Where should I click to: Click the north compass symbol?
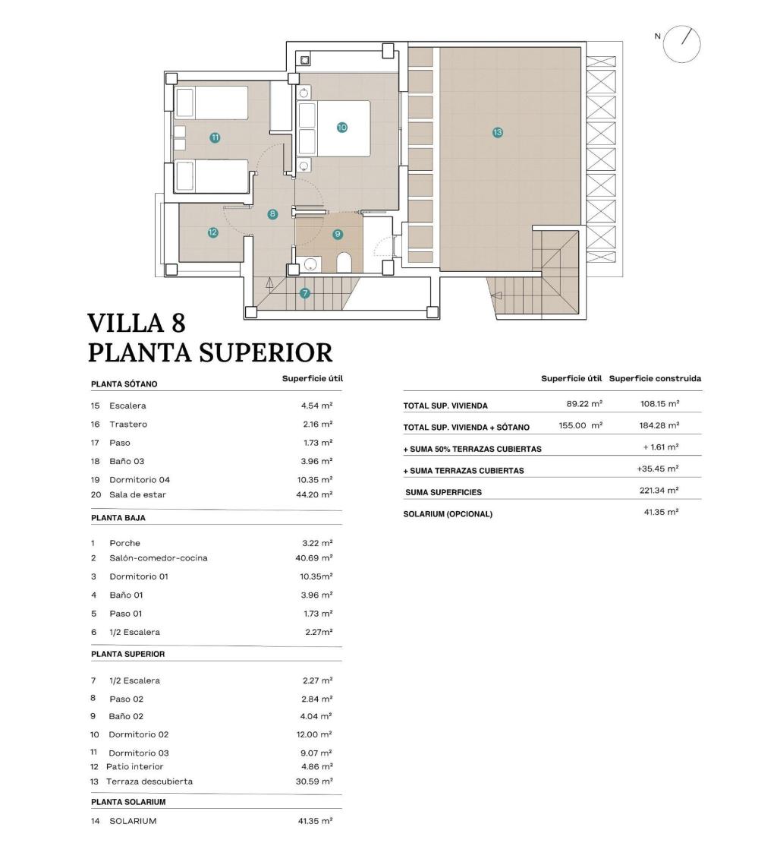pos(681,43)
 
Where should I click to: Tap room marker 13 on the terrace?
pos(498,132)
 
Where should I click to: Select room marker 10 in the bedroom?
pos(341,128)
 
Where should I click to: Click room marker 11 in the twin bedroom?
pos(215,137)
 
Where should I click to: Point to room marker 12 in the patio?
pos(212,232)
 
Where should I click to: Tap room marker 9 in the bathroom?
pos(338,235)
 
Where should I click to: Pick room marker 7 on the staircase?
pos(305,293)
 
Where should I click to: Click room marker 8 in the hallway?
pos(272,214)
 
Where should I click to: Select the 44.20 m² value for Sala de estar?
pos(316,494)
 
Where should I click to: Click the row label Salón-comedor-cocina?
pos(158,558)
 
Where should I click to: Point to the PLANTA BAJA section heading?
pos(118,518)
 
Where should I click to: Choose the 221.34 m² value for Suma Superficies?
pos(659,491)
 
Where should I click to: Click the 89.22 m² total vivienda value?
pos(584,404)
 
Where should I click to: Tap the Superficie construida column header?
pos(655,378)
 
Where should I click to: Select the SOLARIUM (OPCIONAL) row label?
pos(448,514)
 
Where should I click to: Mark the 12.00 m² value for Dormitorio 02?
pos(316,734)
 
